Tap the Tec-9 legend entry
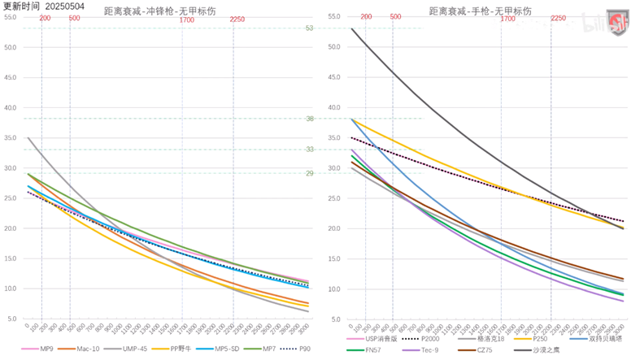430,351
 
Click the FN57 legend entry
371,351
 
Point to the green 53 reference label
309,28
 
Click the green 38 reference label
309,119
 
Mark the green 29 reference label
309,173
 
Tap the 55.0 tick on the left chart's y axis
11,17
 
